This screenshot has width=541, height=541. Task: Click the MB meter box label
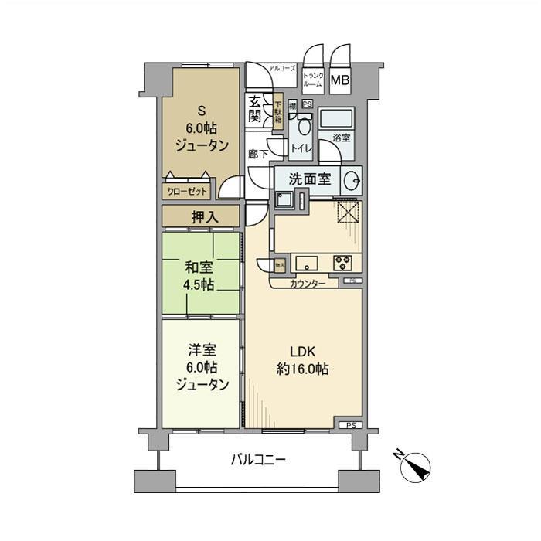click(340, 80)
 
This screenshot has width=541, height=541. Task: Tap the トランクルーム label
click(313, 80)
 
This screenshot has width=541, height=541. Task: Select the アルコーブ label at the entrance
click(281, 69)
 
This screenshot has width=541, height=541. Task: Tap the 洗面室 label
click(310, 179)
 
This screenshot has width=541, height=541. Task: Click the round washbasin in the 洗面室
click(352, 179)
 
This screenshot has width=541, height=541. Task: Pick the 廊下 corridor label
click(258, 154)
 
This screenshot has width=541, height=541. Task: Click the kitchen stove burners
click(343, 260)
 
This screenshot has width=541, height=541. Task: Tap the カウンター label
click(308, 284)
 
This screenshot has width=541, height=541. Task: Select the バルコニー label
click(259, 460)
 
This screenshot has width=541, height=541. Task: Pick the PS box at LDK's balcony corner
click(352, 424)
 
